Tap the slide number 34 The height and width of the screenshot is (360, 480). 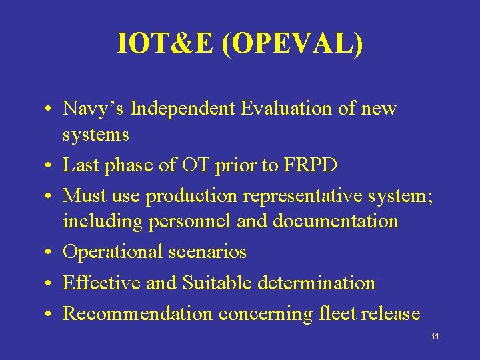(434, 337)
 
